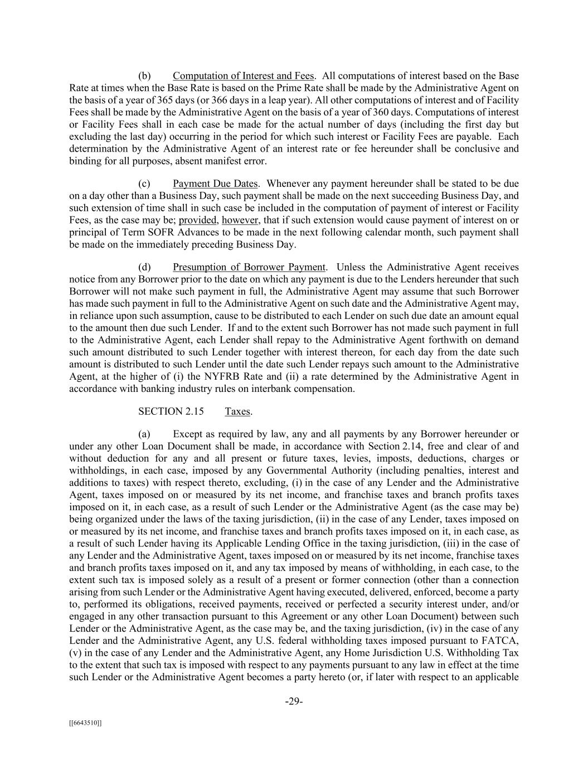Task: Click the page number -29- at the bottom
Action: (x=294, y=701)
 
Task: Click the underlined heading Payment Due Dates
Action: (x=215, y=184)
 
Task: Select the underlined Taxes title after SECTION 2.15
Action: (x=237, y=411)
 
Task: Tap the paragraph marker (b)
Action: (x=144, y=76)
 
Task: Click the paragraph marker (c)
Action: (x=144, y=184)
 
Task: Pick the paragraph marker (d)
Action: (x=144, y=268)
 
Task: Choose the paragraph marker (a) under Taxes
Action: (x=144, y=434)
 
